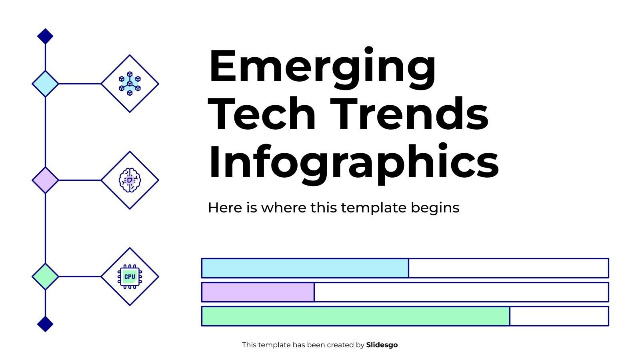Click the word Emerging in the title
322,67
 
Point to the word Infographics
354,162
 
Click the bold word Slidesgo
382,345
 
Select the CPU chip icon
130,276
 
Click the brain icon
130,180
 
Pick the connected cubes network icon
130,84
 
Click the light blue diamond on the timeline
45,84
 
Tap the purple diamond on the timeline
45,180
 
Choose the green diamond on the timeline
45,276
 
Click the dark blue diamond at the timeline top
45,36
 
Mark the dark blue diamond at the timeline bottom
45,324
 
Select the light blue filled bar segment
305,268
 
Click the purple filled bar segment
258,292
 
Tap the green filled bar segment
356,316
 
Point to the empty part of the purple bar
461,292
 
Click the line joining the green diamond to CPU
80,276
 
